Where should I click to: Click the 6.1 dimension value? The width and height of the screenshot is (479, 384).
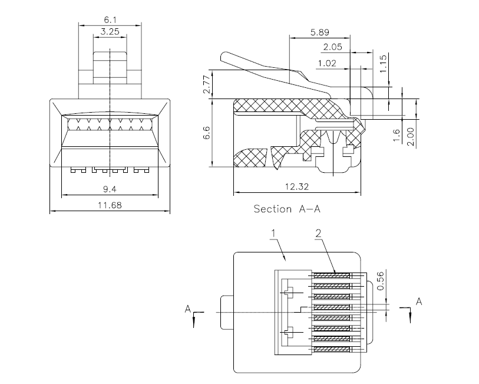[110, 20]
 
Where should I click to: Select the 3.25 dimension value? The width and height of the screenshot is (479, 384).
[110, 31]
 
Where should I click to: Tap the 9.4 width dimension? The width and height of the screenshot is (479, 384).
[110, 189]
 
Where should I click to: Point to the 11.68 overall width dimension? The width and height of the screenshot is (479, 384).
[110, 205]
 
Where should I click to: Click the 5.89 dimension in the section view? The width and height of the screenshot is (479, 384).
[320, 32]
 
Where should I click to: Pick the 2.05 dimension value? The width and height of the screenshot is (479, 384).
[333, 47]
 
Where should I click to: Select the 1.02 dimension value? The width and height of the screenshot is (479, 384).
[327, 63]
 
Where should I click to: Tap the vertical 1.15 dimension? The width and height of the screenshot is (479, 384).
[383, 63]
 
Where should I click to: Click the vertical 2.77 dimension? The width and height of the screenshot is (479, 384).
[207, 85]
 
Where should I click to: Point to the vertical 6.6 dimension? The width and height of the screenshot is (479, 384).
[207, 133]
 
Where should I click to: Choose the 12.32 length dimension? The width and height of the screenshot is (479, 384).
[297, 186]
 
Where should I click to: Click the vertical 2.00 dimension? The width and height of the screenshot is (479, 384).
[411, 137]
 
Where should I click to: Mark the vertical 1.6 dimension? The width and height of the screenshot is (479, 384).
[396, 136]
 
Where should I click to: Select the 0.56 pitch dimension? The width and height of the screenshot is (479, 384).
[381, 281]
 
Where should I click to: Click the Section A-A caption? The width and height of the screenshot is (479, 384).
[287, 209]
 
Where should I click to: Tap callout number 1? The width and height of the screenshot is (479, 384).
[273, 234]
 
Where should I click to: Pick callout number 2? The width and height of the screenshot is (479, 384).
[318, 234]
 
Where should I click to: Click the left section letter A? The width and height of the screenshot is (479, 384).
[187, 309]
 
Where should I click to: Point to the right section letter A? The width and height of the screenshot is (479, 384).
[419, 302]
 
